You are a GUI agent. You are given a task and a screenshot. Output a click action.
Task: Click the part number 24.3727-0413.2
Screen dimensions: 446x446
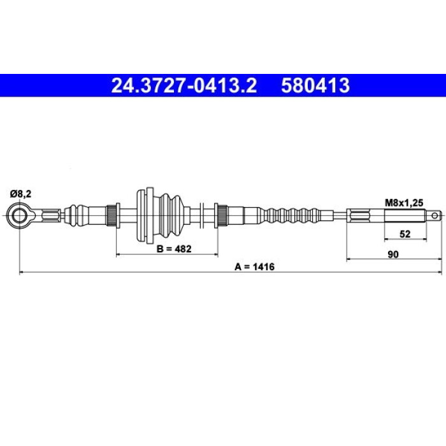point(184,85)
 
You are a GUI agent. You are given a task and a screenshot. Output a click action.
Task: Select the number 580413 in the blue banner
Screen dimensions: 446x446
point(315,85)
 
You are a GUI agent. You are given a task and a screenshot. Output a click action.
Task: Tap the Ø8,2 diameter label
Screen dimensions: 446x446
point(21,194)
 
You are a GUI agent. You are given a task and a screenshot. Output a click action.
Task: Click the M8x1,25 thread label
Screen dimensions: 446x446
point(404,203)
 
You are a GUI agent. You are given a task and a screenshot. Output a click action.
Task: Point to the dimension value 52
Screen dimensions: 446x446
point(405,234)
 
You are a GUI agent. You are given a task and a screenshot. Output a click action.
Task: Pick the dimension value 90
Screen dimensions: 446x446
point(393,254)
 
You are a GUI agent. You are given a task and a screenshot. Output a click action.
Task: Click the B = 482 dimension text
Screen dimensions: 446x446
point(174,249)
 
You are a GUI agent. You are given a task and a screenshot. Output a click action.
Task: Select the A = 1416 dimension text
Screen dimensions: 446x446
point(255,267)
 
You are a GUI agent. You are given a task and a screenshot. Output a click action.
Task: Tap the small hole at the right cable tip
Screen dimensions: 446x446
point(435,215)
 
